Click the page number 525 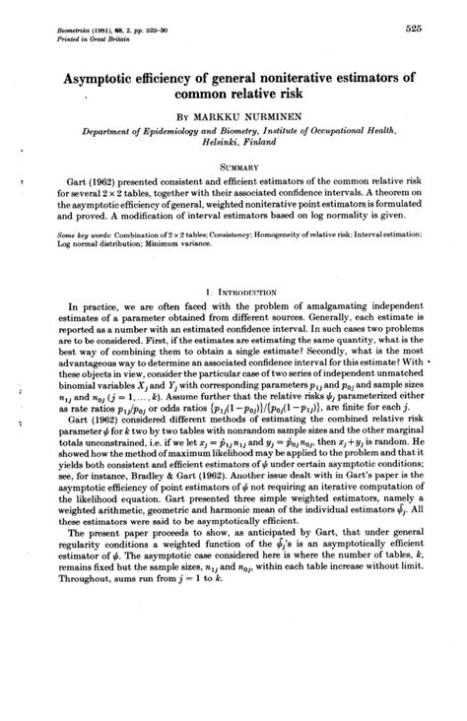[411, 29]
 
